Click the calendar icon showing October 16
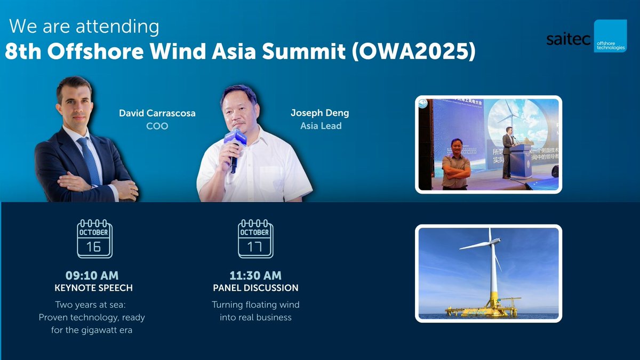pos(94,239)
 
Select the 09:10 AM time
pos(92,276)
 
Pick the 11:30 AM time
pos(255,276)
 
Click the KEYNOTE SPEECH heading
pos(93,288)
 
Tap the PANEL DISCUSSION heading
pos(255,288)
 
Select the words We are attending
pos(84,26)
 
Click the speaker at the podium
pos(508,152)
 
